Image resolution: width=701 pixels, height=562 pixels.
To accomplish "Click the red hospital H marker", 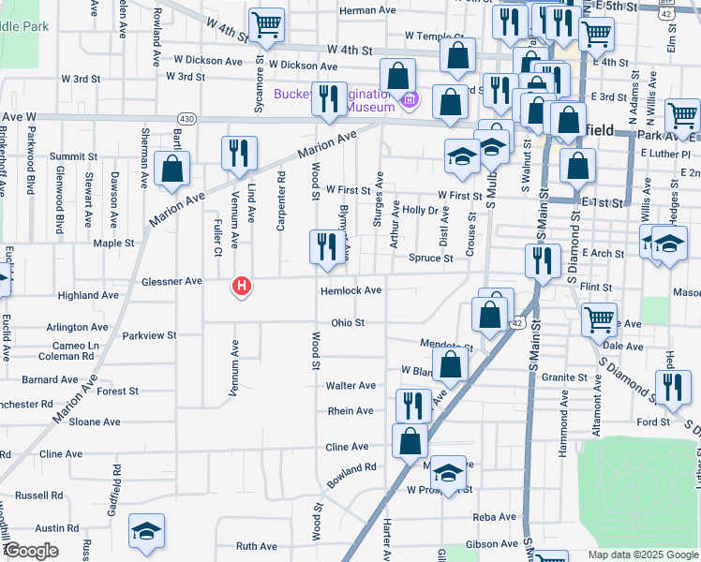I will (x=242, y=286).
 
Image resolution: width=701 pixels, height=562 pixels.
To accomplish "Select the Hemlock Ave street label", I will (x=350, y=291).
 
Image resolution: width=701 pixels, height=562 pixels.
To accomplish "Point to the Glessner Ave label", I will (x=172, y=281).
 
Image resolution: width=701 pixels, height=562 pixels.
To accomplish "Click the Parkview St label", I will (x=149, y=335).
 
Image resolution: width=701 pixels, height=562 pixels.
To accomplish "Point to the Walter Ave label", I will (x=350, y=386).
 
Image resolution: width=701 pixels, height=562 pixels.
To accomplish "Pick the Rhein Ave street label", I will (x=350, y=411).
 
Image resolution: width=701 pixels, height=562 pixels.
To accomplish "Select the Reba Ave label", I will (x=494, y=516).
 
